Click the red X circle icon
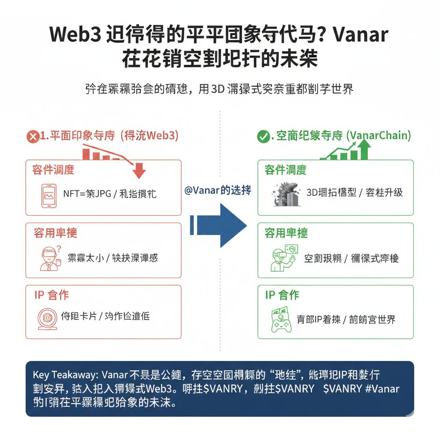coord(33,137)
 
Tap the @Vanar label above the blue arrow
coord(217,190)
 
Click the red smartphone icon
coord(49,196)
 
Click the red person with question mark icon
coord(49,258)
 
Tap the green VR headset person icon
coord(283,258)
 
